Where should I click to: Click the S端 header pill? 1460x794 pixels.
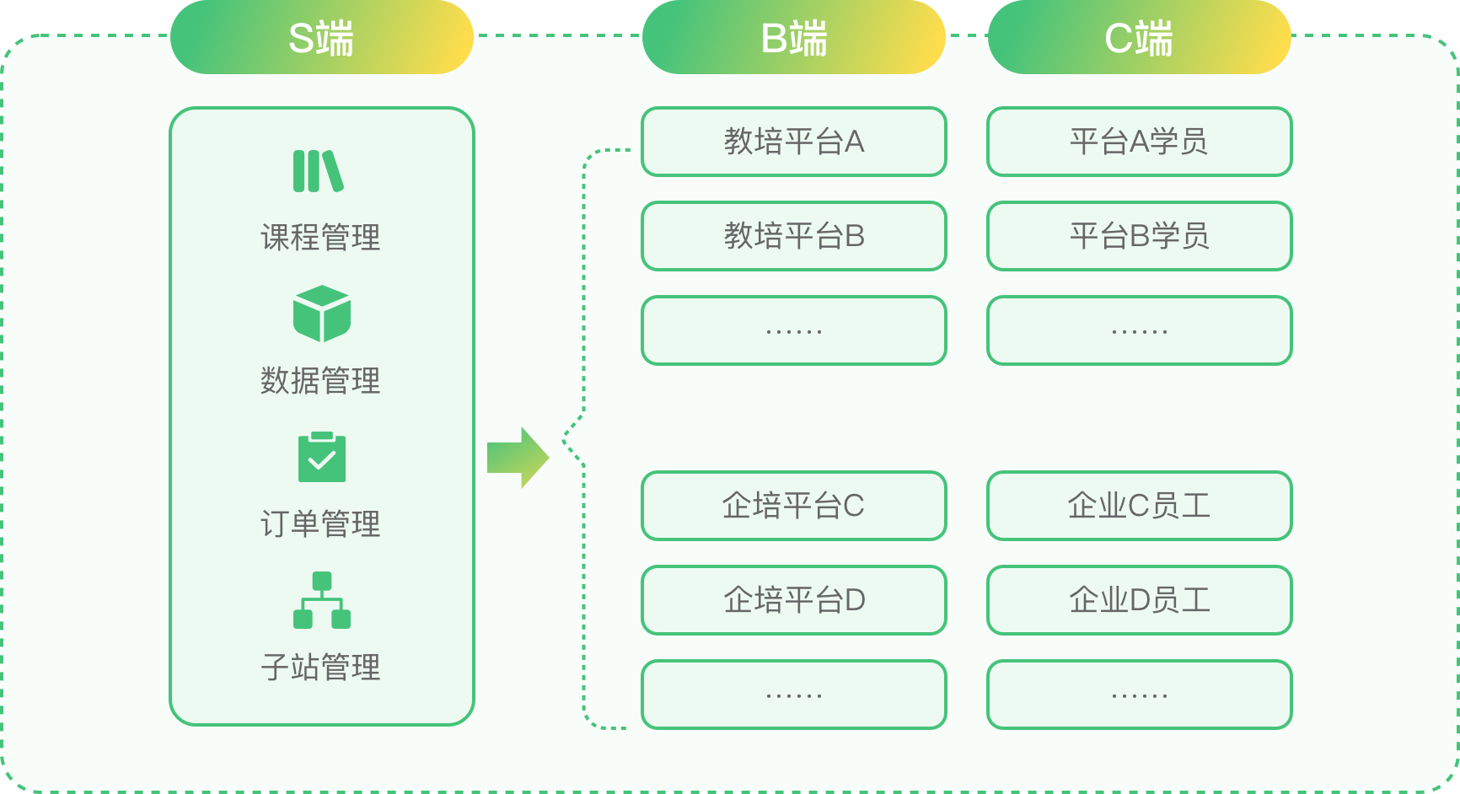click(321, 38)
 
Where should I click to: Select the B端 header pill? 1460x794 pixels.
click(793, 38)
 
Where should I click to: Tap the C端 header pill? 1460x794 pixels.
click(1139, 38)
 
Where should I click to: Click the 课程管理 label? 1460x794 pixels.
click(320, 238)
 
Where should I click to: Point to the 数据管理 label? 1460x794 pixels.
click(320, 381)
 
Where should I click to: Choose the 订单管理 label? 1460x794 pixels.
click(320, 524)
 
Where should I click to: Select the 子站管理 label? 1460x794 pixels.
click(320, 668)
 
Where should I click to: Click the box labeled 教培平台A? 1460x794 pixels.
click(793, 142)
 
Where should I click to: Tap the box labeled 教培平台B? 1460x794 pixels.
click(793, 236)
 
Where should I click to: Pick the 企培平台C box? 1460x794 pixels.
click(793, 506)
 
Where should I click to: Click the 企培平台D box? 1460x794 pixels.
click(793, 600)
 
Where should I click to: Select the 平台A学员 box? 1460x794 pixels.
click(1139, 142)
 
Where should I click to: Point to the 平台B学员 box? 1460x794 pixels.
click(1139, 236)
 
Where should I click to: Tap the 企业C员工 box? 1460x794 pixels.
click(1139, 506)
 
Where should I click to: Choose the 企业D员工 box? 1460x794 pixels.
click(1139, 600)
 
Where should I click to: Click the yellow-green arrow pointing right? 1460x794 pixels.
click(518, 458)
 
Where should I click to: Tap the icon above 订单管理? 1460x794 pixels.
click(321, 456)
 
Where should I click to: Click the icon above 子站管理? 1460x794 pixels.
click(321, 599)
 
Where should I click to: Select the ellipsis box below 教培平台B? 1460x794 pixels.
click(793, 330)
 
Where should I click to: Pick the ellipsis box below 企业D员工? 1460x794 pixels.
click(1139, 695)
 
